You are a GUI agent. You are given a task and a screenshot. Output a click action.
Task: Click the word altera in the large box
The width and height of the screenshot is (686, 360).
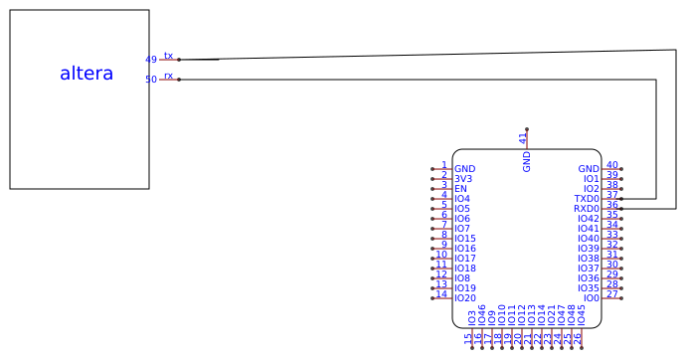(x=86, y=73)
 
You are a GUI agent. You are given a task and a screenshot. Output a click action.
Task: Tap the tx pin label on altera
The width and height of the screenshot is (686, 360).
(x=168, y=56)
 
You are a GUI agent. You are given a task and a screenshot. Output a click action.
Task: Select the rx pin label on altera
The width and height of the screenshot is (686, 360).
(x=168, y=76)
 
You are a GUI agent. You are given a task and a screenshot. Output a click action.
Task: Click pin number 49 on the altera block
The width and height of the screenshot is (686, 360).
(x=150, y=60)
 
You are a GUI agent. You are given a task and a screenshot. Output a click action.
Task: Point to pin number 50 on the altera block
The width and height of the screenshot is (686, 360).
(x=150, y=80)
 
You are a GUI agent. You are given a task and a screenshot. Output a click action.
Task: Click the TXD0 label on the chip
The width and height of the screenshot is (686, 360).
(x=587, y=199)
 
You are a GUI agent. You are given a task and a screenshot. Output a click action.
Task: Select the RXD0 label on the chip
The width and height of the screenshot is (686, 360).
(x=587, y=209)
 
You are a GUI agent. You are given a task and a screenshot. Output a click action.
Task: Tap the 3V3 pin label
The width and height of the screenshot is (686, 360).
(x=463, y=179)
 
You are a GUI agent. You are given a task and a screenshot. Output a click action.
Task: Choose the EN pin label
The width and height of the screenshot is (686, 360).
(x=460, y=189)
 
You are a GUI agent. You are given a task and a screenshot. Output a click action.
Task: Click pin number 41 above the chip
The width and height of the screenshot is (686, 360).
(x=523, y=138)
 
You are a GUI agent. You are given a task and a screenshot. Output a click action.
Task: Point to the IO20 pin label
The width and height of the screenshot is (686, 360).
(x=464, y=298)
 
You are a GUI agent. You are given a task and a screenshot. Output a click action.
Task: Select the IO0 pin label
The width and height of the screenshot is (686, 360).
(x=592, y=298)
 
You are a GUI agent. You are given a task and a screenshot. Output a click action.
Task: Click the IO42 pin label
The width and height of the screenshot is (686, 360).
(x=589, y=219)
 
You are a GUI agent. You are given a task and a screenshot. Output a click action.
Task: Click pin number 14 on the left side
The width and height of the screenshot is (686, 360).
(x=441, y=293)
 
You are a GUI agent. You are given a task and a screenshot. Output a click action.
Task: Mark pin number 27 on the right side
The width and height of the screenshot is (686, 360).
(x=612, y=293)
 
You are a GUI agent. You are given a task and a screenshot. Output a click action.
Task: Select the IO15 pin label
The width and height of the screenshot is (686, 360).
(x=464, y=239)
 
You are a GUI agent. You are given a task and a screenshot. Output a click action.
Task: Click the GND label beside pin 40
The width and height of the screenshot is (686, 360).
(x=589, y=169)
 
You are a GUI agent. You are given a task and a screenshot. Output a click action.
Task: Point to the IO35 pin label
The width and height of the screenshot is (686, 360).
(x=589, y=288)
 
